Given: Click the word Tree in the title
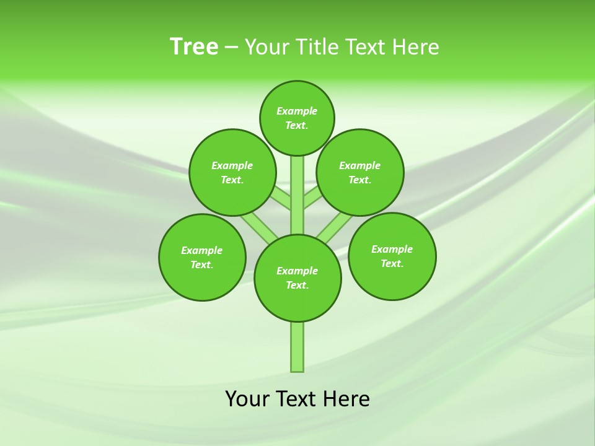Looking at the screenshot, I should (x=194, y=47).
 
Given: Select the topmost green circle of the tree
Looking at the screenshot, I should (x=297, y=118).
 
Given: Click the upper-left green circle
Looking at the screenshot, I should (x=232, y=172).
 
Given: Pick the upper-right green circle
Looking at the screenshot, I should (x=360, y=172).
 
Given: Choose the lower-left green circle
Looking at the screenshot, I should (x=202, y=257).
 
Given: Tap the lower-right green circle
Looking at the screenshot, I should (x=392, y=256).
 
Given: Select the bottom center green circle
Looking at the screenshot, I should (x=297, y=278).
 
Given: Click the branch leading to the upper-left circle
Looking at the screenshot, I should (x=281, y=199).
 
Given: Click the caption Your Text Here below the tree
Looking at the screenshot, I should (x=297, y=398).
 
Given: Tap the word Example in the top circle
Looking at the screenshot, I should (x=297, y=111).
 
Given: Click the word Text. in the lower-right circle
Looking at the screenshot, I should (x=392, y=263).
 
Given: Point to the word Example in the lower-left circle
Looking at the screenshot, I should (x=202, y=250).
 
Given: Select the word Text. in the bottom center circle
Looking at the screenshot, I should (x=297, y=285).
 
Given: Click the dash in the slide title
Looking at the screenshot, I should (x=231, y=47).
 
